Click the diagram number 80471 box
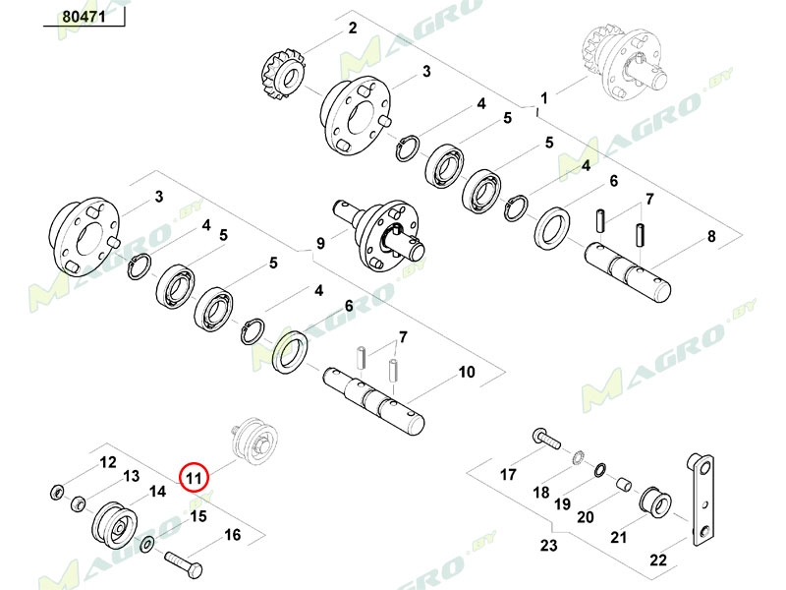click(84, 18)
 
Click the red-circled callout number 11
click(194, 477)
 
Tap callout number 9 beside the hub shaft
click(320, 243)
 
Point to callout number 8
click(711, 237)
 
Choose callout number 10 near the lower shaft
click(467, 372)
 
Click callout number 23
click(548, 546)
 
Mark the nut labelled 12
click(57, 490)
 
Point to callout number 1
click(542, 99)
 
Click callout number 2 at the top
click(353, 29)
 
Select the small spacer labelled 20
click(621, 484)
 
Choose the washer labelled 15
click(147, 546)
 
